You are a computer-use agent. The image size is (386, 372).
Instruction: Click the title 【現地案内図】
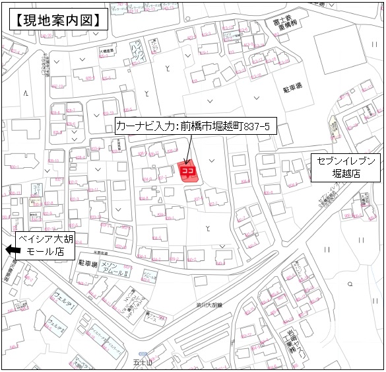(x=58, y=19)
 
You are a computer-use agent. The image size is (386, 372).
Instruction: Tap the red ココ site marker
(x=187, y=172)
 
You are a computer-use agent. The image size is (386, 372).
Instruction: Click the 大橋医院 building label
(x=106, y=50)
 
